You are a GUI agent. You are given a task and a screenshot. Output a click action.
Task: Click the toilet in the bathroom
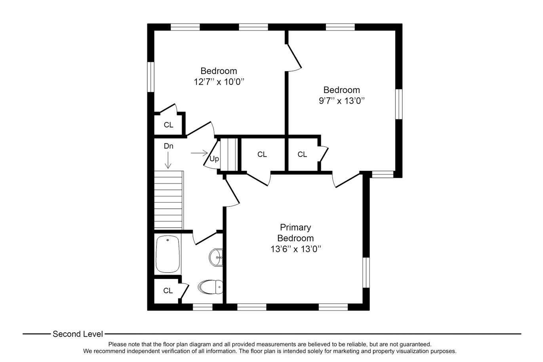coord(210,287)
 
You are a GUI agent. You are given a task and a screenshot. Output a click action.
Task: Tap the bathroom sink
coord(216,257)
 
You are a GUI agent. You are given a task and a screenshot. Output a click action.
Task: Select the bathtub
coord(168,254)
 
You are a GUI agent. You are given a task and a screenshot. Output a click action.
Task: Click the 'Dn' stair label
coord(168,146)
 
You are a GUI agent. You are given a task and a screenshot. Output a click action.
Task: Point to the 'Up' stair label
coord(214,159)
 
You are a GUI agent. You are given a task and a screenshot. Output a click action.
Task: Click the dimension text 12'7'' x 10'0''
coord(219,82)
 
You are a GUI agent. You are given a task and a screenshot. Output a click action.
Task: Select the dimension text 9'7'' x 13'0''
coord(342,101)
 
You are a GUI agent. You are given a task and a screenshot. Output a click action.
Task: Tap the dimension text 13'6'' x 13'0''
coord(296,249)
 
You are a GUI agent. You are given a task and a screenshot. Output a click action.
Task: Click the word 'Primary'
coord(295,228)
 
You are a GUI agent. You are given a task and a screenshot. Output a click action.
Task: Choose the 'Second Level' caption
coord(78,334)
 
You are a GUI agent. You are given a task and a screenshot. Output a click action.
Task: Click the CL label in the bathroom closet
coord(168,290)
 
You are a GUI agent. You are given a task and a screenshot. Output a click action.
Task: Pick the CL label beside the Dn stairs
coord(168,125)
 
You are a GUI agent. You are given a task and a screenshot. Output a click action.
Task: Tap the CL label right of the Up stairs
coord(262,154)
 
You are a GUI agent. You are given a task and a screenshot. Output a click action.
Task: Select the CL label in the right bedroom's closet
coord(302,154)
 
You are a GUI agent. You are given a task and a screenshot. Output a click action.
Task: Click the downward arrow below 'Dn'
coord(168,160)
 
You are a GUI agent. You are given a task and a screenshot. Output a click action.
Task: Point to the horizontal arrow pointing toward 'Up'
coord(199,153)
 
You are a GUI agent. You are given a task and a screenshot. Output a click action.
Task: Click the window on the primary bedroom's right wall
coord(366,272)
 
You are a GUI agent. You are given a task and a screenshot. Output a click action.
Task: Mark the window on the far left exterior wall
coord(151,77)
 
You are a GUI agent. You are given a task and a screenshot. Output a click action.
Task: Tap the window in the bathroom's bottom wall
coord(203,307)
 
